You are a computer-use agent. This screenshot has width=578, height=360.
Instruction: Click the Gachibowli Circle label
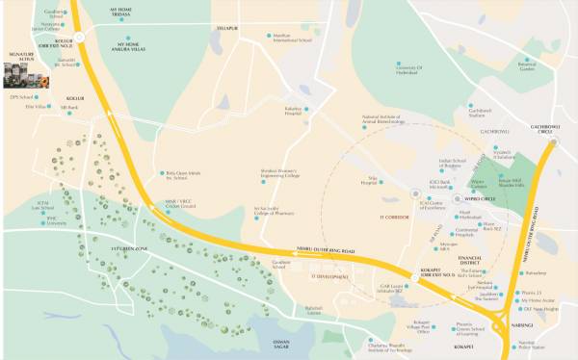click(x=558, y=126)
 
